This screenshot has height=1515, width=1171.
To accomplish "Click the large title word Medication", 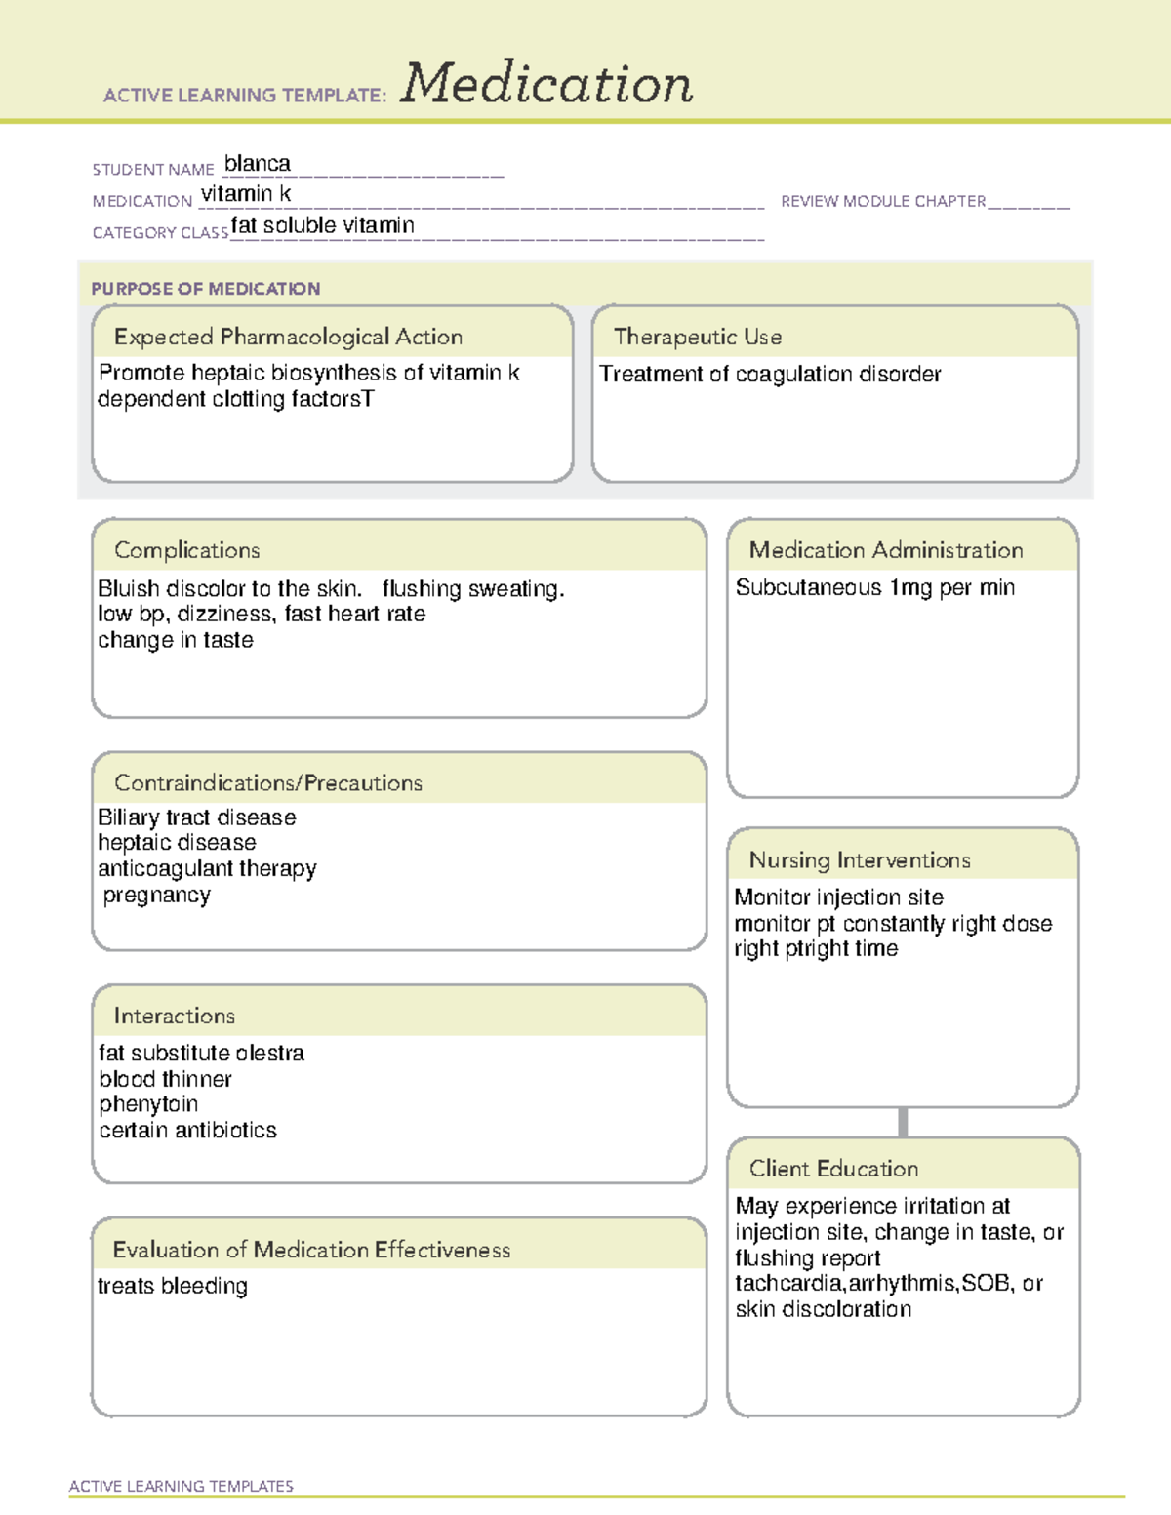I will point(546,84).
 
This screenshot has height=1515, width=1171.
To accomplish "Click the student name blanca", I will point(257,164).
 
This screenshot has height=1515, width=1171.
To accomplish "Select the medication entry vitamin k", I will point(246,194).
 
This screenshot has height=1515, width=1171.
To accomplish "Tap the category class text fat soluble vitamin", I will point(322,225).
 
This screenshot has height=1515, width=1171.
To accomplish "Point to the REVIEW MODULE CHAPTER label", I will point(883,201).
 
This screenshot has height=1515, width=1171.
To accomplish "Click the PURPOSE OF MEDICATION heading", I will point(205,289).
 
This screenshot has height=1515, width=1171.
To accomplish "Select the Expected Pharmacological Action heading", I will point(288,337).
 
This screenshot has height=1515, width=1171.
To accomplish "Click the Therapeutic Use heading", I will point(697,337).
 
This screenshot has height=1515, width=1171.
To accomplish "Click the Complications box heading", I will point(186,550).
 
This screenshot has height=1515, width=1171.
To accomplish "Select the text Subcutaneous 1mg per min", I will point(874,587).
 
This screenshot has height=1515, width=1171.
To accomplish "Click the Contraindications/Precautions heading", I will point(267,783).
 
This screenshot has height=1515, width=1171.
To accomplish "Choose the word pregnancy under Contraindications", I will point(156,895).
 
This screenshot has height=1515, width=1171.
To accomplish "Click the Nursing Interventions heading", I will point(859,860).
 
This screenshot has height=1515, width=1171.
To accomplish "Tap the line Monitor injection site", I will point(838,897).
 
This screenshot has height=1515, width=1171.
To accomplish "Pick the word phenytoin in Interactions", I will point(148,1104).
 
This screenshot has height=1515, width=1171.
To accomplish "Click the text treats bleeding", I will point(172,1286).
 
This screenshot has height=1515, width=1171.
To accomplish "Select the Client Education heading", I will point(833,1169).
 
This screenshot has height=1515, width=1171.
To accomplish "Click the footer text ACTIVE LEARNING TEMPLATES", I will point(181,1486).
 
